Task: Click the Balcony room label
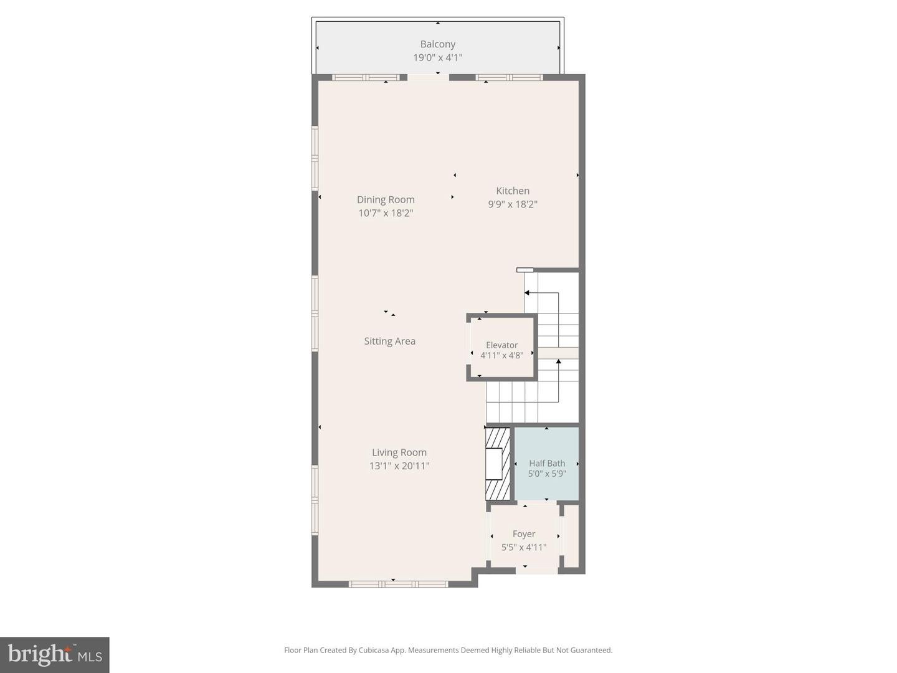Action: click(437, 44)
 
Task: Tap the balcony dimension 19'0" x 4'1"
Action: click(437, 58)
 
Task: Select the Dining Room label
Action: click(386, 199)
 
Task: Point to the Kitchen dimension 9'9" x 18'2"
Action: click(512, 204)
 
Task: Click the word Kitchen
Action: click(512, 191)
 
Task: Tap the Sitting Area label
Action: click(389, 341)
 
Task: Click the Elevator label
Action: click(501, 345)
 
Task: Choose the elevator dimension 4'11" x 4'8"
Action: click(501, 356)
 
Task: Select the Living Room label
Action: click(399, 452)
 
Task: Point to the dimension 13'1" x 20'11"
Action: click(399, 466)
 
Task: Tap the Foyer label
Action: click(523, 534)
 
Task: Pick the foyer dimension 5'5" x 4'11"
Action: click(523, 547)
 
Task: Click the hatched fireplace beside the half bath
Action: click(498, 463)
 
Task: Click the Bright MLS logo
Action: click(55, 654)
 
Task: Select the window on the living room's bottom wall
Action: click(398, 584)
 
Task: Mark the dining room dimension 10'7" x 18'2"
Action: click(386, 213)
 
